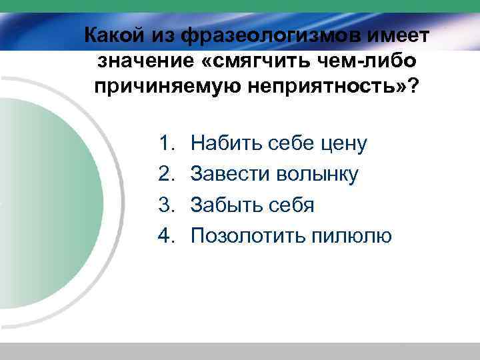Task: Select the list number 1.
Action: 166,143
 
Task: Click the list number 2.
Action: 166,174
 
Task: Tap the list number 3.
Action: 166,205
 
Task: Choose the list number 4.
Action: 166,235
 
